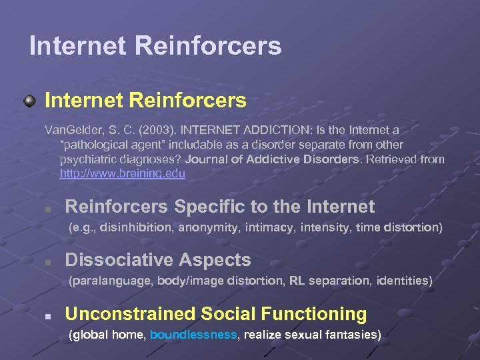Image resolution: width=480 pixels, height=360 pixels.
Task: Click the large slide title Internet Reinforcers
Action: pyautogui.click(x=155, y=46)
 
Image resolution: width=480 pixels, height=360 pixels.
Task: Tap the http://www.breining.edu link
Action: pyautogui.click(x=122, y=173)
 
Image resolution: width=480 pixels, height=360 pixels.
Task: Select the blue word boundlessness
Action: pyautogui.click(x=193, y=335)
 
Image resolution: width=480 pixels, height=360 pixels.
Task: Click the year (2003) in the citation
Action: pyautogui.click(x=161, y=129)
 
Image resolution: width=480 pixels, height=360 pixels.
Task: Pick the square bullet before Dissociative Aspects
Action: pyautogui.click(x=47, y=263)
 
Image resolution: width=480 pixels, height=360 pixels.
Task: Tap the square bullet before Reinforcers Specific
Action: pyautogui.click(x=47, y=209)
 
